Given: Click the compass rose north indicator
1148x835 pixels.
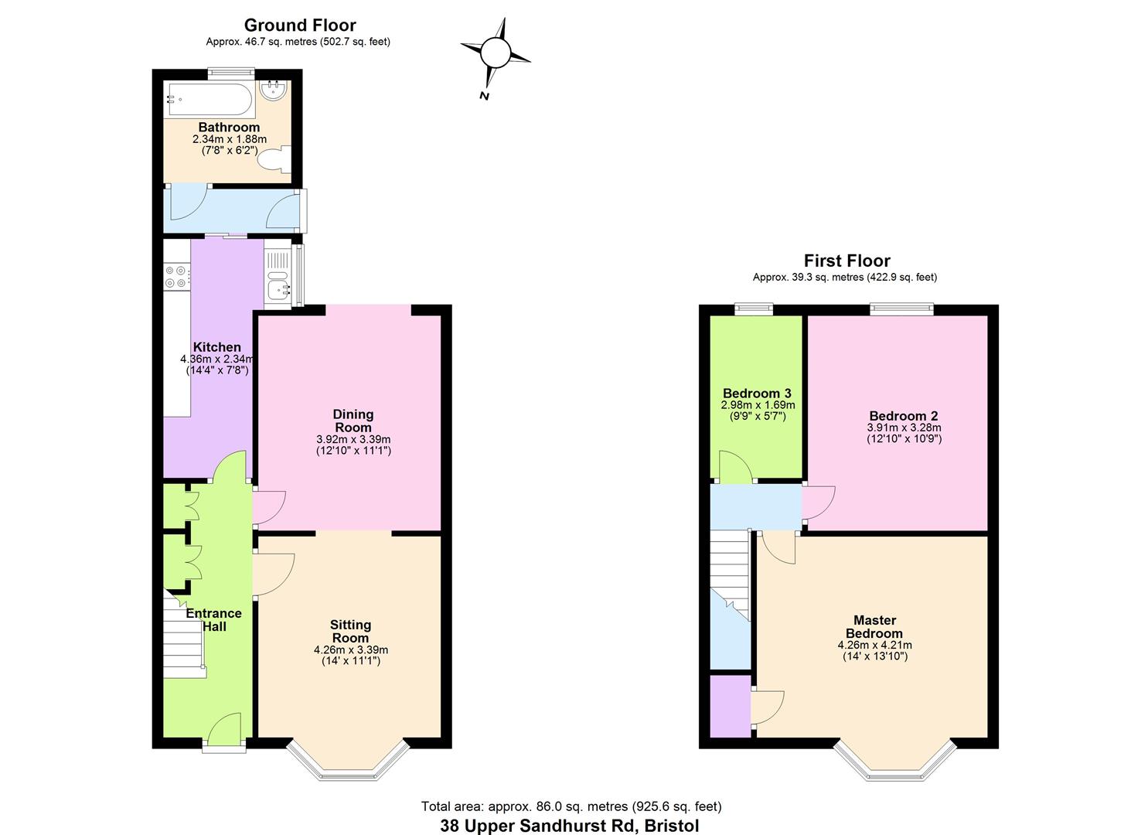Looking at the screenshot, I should [x=495, y=54].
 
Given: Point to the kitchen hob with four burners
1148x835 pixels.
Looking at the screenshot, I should [x=176, y=277].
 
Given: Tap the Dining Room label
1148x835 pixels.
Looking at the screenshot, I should [x=353, y=421].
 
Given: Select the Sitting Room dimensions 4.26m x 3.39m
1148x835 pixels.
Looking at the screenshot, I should [x=351, y=649].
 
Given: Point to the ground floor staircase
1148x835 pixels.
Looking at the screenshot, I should [x=184, y=634].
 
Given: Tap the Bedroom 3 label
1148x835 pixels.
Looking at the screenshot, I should [x=757, y=394].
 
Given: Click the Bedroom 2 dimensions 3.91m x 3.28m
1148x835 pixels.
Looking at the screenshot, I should [x=904, y=428].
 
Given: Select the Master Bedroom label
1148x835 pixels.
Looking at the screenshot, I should [x=874, y=626].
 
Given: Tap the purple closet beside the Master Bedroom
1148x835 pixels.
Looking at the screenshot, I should [x=730, y=705].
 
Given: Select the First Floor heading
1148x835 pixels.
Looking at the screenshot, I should [x=847, y=261].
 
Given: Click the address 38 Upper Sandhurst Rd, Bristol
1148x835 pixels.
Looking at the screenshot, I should [x=569, y=825].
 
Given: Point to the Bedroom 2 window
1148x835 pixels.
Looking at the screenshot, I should [x=901, y=309].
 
